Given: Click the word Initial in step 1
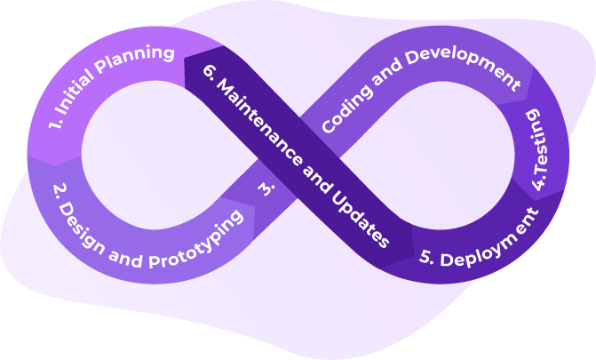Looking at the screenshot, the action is [75, 92].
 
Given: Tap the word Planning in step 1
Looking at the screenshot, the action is [134, 59].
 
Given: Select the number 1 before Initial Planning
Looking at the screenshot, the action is [55, 123].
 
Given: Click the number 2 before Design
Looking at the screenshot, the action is [60, 190].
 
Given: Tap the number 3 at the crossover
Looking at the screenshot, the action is [266, 188].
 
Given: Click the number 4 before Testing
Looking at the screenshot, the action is [539, 181].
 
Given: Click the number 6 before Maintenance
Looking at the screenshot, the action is [211, 71].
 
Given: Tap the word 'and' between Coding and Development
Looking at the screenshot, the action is [386, 73].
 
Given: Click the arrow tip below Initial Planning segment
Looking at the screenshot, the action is [55, 166].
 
